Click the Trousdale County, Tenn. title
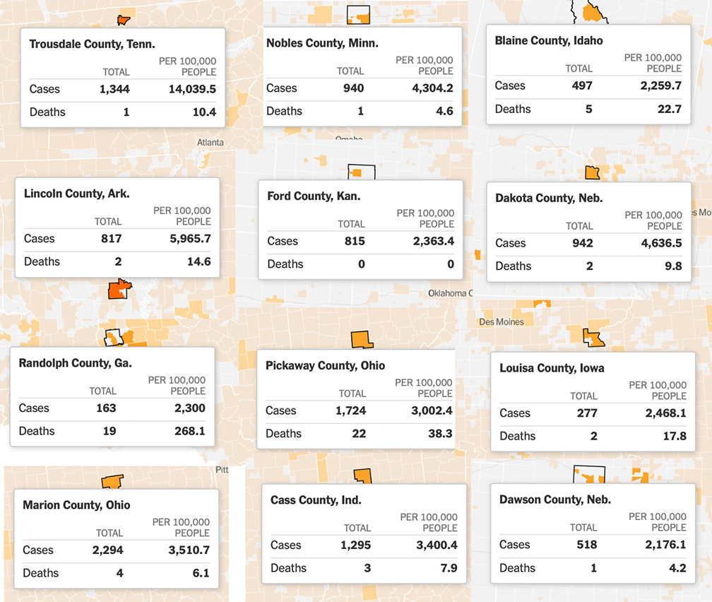(x=93, y=45)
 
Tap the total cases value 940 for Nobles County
(x=354, y=88)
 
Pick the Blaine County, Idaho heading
(x=549, y=41)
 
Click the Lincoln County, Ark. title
(x=76, y=194)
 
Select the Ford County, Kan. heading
(x=314, y=196)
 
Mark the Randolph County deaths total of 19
(x=109, y=431)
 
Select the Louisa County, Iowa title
(x=552, y=368)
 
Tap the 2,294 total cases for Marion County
(x=107, y=550)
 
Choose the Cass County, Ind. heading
(x=316, y=500)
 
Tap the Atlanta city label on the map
(x=210, y=142)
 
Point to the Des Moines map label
(x=502, y=322)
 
